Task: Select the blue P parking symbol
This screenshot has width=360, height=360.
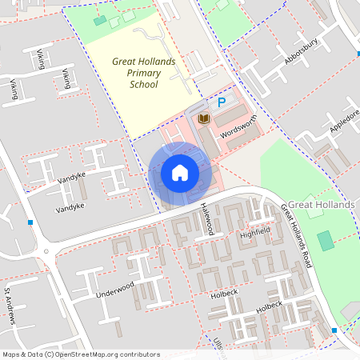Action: pyautogui.click(x=222, y=102)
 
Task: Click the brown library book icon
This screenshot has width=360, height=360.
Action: pyautogui.click(x=203, y=119)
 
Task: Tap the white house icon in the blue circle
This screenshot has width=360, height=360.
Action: pyautogui.click(x=179, y=172)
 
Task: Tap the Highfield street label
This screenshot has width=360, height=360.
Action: pyautogui.click(x=256, y=233)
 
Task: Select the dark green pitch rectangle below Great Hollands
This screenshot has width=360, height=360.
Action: pyautogui.click(x=325, y=240)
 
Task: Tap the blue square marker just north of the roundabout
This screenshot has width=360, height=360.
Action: pyautogui.click(x=30, y=222)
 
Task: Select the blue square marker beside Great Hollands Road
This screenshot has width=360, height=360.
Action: pyautogui.click(x=334, y=329)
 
